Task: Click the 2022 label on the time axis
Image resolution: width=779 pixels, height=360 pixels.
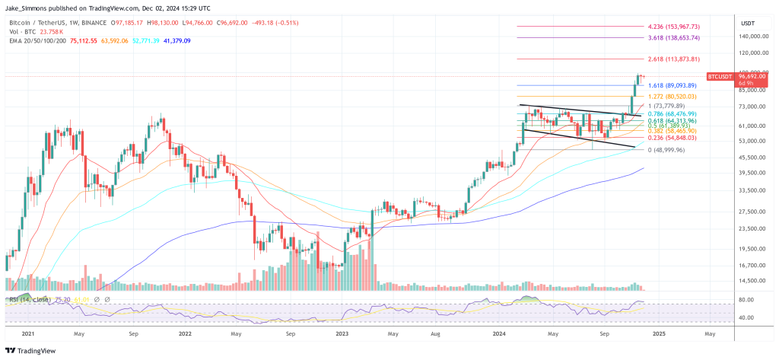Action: (x=184, y=333)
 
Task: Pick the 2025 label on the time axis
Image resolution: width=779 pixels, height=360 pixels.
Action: (x=658, y=333)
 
